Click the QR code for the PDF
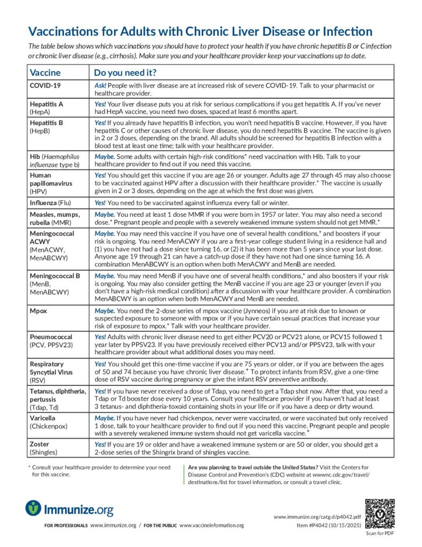379,513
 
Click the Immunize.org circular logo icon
34,508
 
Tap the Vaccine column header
45,73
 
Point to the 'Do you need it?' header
125,73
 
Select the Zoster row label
41,444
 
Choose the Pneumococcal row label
51,337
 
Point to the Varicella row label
42,418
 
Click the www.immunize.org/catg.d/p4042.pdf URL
317,517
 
